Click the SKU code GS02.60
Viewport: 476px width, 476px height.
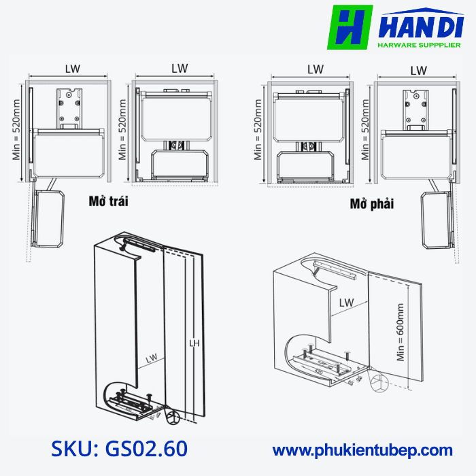click(119, 449)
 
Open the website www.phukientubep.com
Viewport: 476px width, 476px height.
click(362, 449)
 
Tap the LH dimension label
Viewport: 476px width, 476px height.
click(194, 345)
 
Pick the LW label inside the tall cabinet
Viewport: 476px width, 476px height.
click(151, 356)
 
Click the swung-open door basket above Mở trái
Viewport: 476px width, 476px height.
click(48, 218)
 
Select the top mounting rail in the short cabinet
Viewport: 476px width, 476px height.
click(337, 269)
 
